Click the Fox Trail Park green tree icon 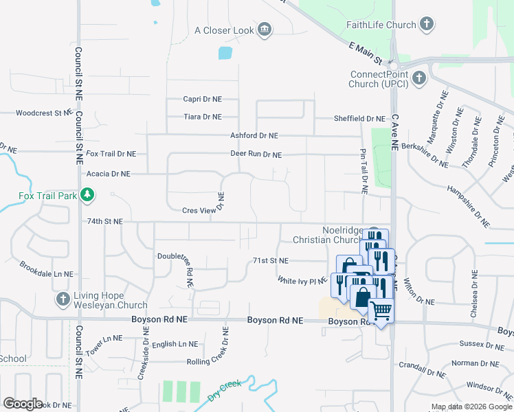(x=87, y=196)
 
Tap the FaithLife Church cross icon (x=426, y=25)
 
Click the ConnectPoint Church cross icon (x=419, y=79)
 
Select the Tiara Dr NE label (x=202, y=117)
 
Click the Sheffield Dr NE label (x=359, y=119)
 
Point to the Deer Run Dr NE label (x=256, y=154)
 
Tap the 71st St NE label (x=271, y=261)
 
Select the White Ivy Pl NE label (x=301, y=281)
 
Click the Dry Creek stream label (x=225, y=391)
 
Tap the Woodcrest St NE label (x=44, y=113)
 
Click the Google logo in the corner (x=23, y=404)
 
